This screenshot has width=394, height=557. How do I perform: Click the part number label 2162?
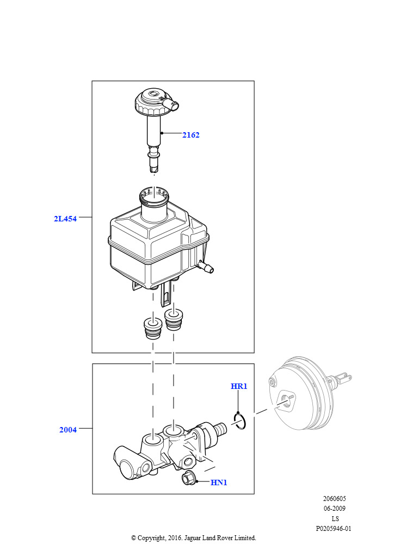click(x=191, y=135)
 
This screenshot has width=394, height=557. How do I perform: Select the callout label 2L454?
click(x=65, y=219)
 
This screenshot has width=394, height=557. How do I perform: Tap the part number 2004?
click(x=68, y=430)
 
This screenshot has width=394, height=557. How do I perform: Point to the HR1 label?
click(x=239, y=386)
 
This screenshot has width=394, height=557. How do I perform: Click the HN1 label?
click(x=219, y=482)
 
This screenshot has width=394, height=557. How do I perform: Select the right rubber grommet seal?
click(x=174, y=319)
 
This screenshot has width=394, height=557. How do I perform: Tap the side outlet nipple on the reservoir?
click(x=206, y=267)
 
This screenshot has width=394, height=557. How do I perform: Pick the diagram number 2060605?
click(x=334, y=498)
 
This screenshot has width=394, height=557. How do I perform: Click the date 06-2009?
click(x=334, y=509)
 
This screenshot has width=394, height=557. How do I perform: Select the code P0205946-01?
click(x=334, y=529)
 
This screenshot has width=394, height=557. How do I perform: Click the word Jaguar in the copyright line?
click(x=192, y=538)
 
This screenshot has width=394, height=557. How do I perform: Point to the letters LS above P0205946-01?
click(x=335, y=518)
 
